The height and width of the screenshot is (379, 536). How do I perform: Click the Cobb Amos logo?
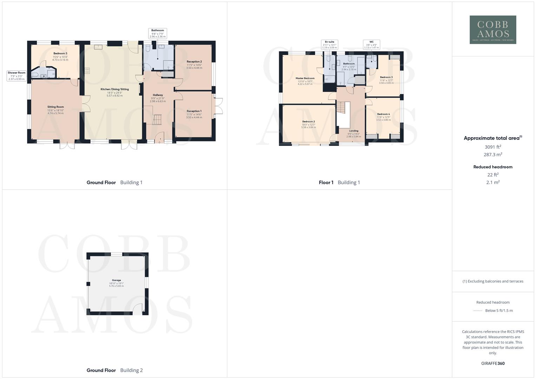[492, 30]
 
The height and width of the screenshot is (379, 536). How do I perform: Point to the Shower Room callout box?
[16, 76]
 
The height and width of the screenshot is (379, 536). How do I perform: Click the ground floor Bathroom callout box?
[157, 33]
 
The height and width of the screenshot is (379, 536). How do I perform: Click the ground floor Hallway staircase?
[157, 120]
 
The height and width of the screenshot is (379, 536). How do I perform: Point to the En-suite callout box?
[329, 45]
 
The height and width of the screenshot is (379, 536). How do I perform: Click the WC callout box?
[371, 45]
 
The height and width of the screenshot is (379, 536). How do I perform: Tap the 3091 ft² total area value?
[493, 147]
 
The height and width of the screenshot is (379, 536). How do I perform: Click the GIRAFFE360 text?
[493, 363]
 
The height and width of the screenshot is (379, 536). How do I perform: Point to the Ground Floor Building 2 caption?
[114, 370]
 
